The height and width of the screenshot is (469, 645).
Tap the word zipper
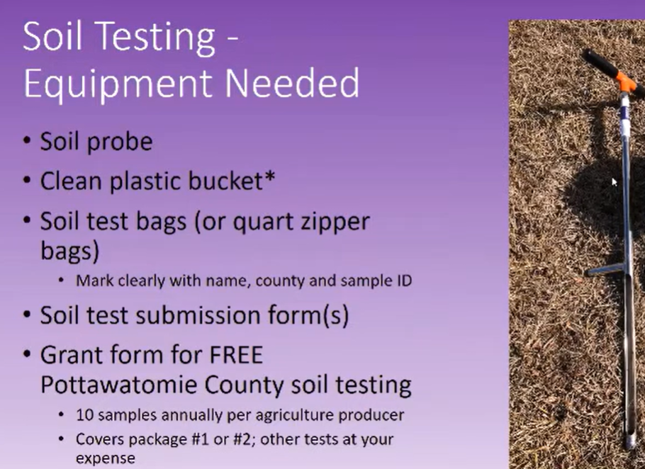[x=335, y=222]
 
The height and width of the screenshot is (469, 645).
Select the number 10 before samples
[x=84, y=415]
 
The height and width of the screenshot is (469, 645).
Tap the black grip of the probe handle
[x=600, y=62]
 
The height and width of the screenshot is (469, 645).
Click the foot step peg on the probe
[x=604, y=269]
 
